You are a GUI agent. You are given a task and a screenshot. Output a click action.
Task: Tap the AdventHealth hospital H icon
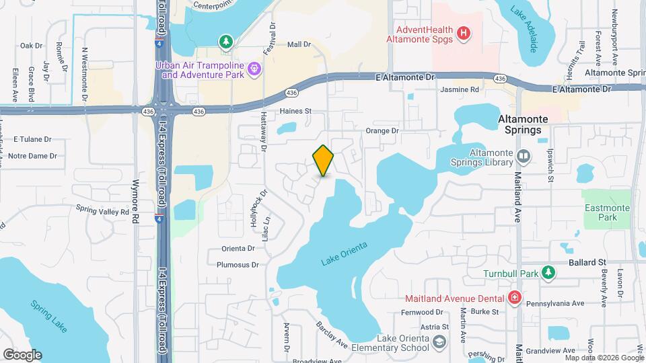(463, 32)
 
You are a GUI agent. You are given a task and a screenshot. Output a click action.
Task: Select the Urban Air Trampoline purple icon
(254, 68)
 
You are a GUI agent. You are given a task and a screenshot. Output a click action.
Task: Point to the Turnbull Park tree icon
(549, 273)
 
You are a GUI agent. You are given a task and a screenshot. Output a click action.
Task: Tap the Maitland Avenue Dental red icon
(515, 298)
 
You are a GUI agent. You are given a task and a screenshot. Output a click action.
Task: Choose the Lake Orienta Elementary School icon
(439, 342)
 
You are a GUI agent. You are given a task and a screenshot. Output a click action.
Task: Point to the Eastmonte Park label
(606, 212)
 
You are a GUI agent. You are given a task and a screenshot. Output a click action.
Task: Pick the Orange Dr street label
(382, 130)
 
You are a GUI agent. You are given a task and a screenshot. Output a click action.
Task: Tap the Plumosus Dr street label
(238, 265)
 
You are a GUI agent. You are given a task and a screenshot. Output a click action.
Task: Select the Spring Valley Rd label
(102, 210)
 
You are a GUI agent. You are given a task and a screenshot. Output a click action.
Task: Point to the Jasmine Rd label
(460, 89)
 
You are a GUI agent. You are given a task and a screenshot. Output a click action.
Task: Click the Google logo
(22, 355)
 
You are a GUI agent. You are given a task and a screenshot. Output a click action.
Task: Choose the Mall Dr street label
(299, 44)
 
